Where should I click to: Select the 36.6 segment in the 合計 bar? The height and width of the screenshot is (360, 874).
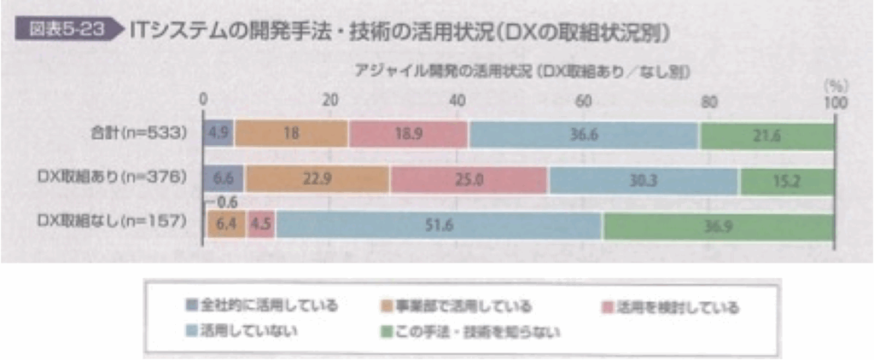584,135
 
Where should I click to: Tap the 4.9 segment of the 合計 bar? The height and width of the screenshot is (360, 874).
218,135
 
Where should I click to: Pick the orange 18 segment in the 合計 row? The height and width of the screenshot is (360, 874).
291,135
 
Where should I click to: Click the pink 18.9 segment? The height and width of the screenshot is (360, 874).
408,135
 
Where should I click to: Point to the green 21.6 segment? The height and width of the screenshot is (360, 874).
766,135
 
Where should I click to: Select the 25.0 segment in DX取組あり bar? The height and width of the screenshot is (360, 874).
469,180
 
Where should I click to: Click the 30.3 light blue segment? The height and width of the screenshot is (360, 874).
644,180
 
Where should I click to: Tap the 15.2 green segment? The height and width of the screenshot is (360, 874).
787,180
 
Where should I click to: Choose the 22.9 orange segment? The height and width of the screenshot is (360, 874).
318,180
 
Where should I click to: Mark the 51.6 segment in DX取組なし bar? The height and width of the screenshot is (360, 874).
439,226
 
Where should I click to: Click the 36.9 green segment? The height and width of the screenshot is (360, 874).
719,226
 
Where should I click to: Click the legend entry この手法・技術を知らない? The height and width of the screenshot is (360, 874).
478,331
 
